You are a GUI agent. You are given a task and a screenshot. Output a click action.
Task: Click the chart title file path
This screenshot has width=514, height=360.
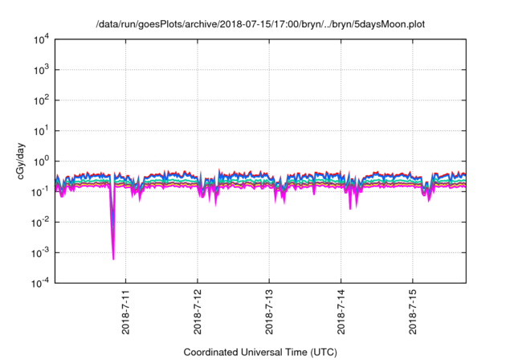pos(259,24)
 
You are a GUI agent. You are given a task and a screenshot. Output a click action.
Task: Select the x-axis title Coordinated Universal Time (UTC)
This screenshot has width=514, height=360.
pos(259,352)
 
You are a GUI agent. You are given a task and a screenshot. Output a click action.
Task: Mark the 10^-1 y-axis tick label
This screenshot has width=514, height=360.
pos(40,191)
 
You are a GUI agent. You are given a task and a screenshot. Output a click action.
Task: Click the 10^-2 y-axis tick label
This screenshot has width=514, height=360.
pos(40,222)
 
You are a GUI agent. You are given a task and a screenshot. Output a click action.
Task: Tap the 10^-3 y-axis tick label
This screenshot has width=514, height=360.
pos(40,252)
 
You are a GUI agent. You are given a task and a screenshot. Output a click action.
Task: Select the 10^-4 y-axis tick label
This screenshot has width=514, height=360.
pos(40,282)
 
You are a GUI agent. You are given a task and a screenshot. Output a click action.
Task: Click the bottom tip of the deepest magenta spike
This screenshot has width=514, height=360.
pos(113,259)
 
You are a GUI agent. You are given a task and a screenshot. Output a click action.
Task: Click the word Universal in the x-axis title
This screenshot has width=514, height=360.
pos(271,352)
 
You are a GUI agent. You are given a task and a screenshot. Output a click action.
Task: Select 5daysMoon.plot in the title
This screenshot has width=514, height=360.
pos(385,24)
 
